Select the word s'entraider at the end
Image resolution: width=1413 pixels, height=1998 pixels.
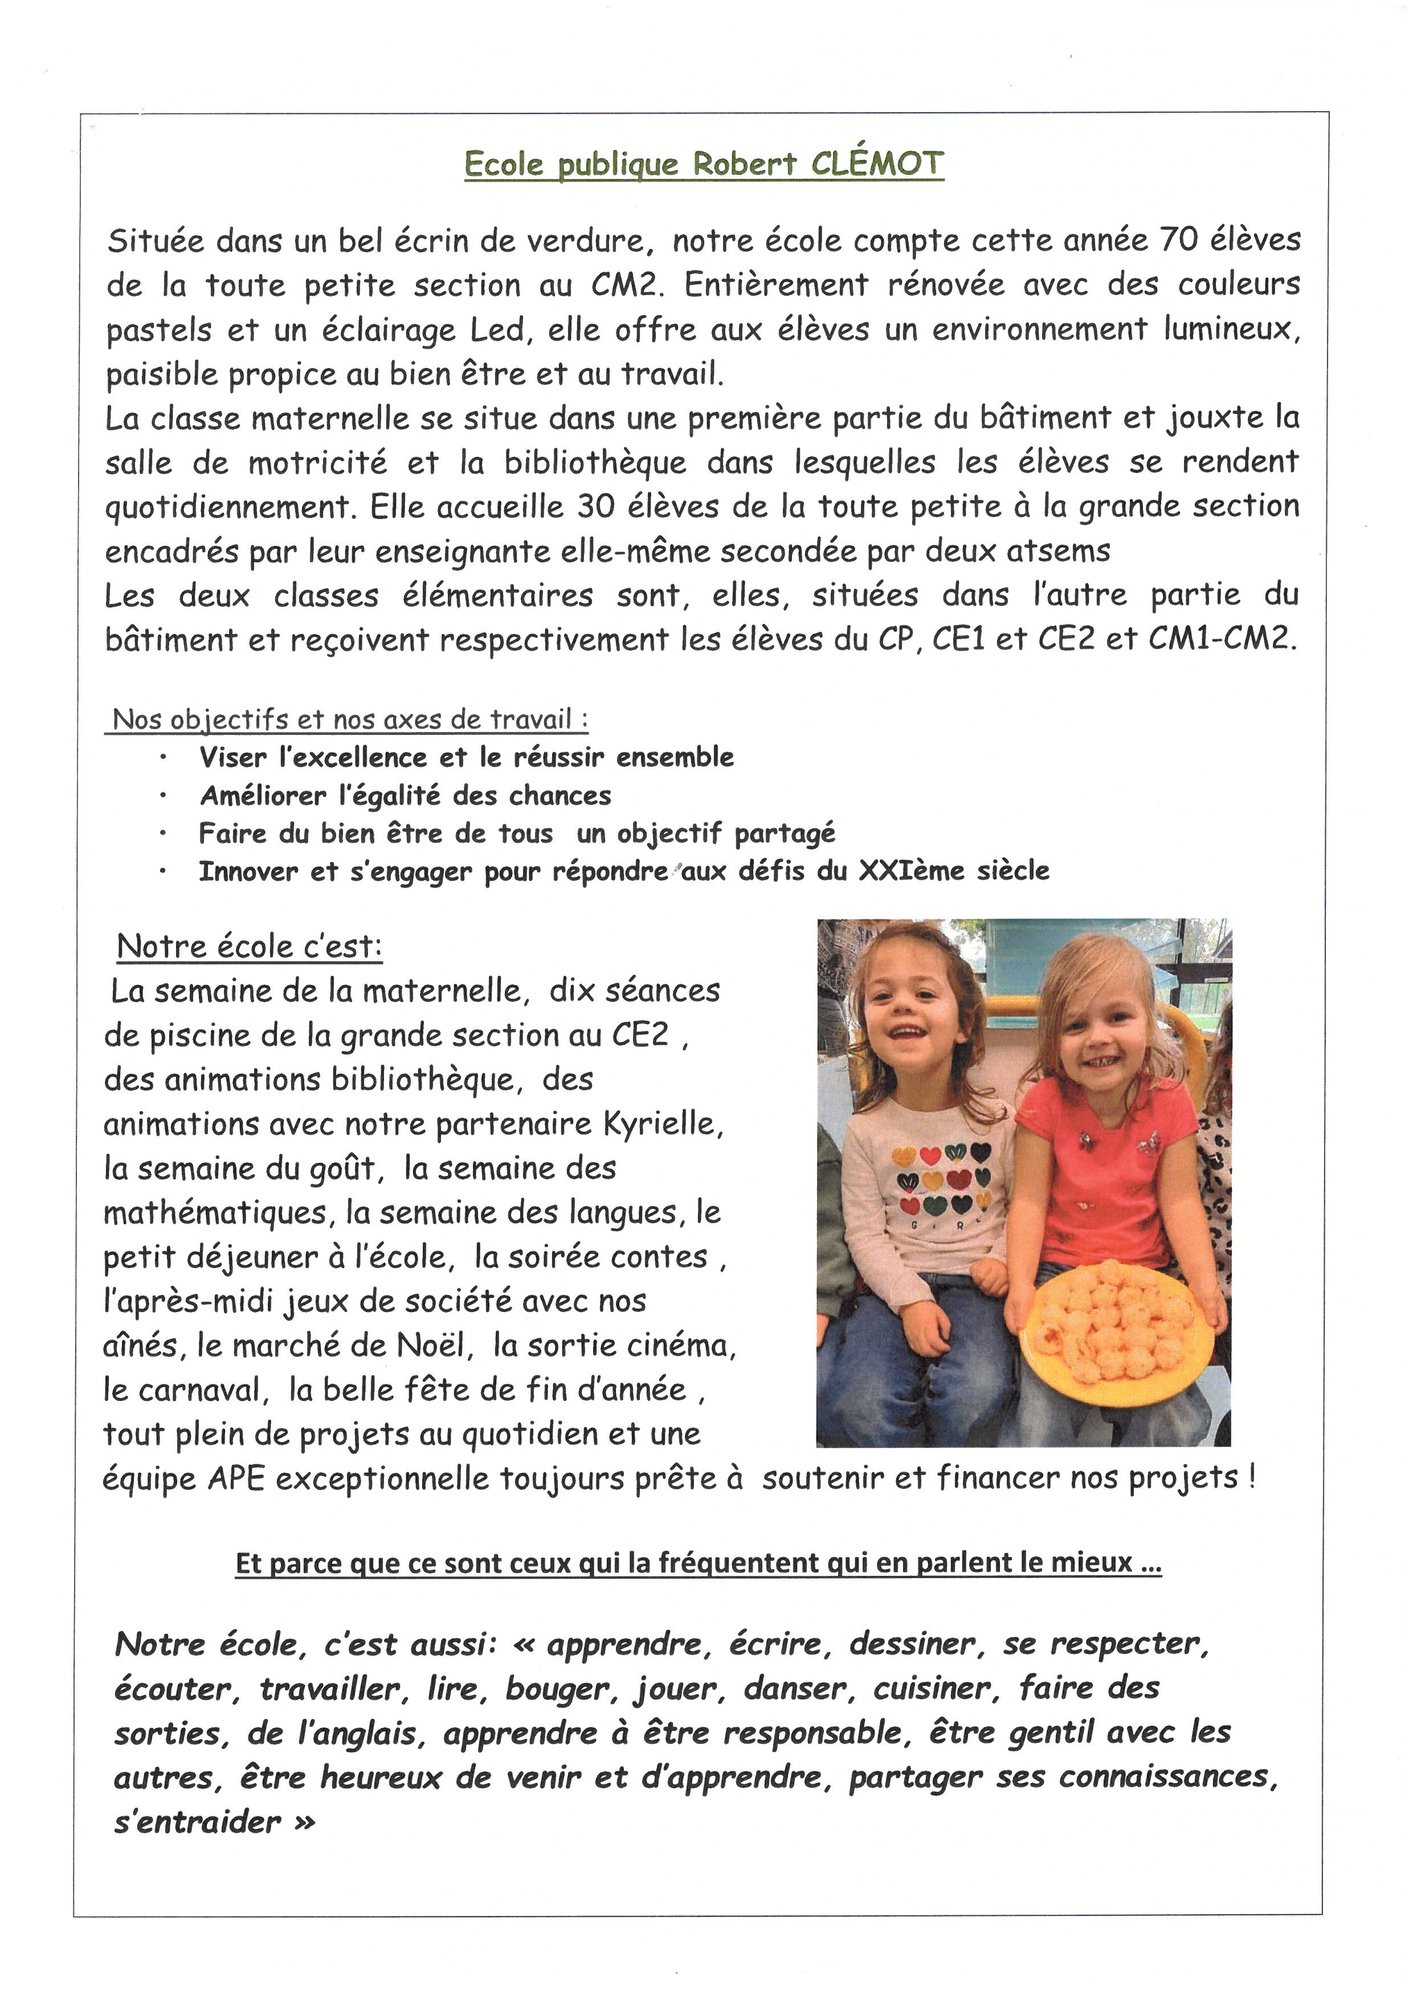(x=198, y=1821)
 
